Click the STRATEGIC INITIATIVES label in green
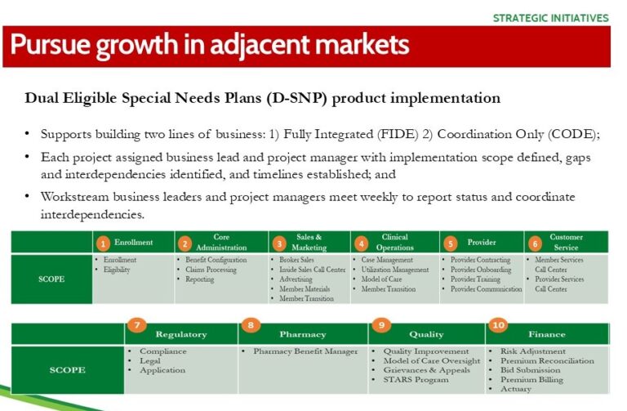pyautogui.click(x=550, y=18)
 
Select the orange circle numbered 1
pyautogui.click(x=103, y=243)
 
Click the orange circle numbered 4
pyautogui.click(x=361, y=243)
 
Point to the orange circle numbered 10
pyautogui.click(x=498, y=324)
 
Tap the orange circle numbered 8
pyautogui.click(x=251, y=324)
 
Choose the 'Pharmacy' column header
pyautogui.click(x=303, y=334)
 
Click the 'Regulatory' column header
pyautogui.click(x=181, y=334)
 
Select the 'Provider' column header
pyautogui.click(x=482, y=242)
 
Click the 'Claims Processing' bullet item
pyautogui.click(x=211, y=270)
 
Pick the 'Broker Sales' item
pyautogui.click(x=296, y=260)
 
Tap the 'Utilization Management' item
pyautogui.click(x=394, y=270)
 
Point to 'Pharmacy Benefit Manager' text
pyautogui.click(x=305, y=351)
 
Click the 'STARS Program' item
pyautogui.click(x=416, y=379)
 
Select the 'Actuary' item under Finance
pyautogui.click(x=516, y=389)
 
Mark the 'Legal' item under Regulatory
pyautogui.click(x=150, y=360)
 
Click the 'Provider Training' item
pyautogui.click(x=475, y=279)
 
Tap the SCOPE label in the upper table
pyautogui.click(x=51, y=279)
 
